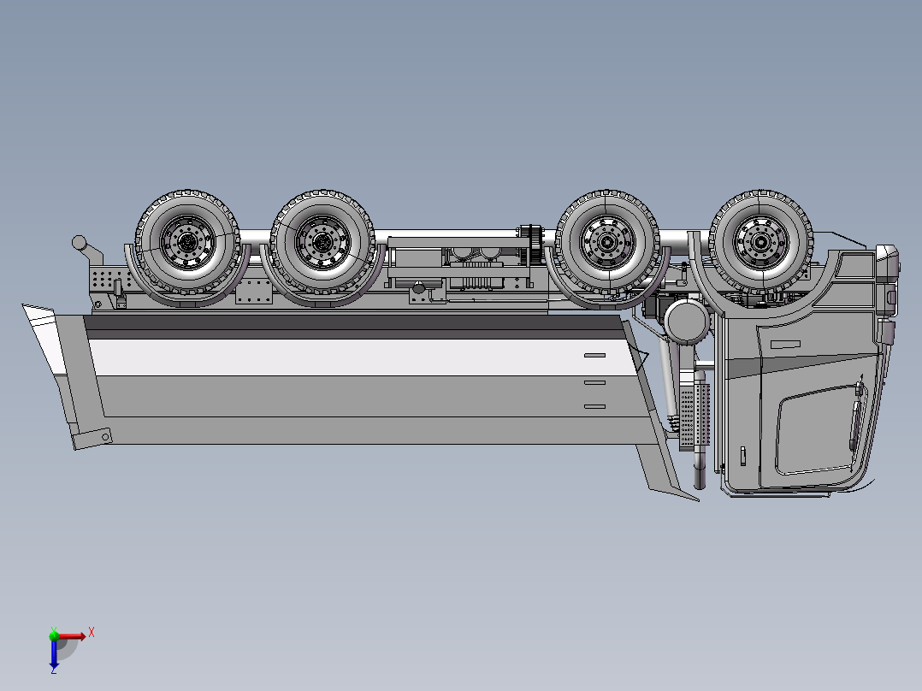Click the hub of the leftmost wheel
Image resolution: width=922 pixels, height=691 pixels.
187,243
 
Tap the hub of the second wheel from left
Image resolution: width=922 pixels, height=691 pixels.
322,242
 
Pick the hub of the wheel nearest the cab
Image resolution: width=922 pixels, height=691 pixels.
760,242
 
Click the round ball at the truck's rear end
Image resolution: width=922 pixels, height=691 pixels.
79,242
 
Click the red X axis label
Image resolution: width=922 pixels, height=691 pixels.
91,632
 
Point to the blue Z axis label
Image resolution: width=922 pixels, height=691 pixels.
53,670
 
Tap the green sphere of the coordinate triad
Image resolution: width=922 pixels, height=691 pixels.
54,635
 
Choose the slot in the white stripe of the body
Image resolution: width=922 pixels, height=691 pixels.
594,355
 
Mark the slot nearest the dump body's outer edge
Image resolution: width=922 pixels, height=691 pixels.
594,406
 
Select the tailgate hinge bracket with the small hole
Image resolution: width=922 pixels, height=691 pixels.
92,439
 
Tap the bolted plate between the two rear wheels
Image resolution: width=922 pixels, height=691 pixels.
254,291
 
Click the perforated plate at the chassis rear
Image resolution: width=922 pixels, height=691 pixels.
103,280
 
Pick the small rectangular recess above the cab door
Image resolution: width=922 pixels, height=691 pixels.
784,343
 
